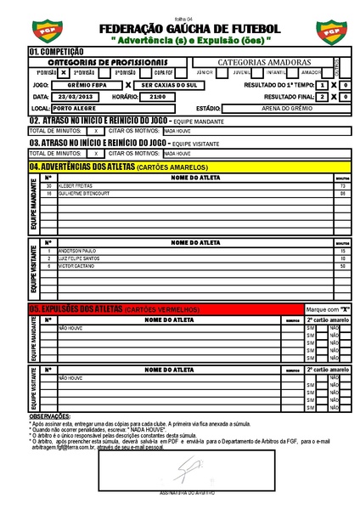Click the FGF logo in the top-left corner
point(39,32)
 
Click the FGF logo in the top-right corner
point(327,32)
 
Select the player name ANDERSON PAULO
point(76,251)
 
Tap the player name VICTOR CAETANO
point(75,266)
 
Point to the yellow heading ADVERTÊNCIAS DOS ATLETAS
point(81,167)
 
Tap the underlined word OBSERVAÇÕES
point(50,416)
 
